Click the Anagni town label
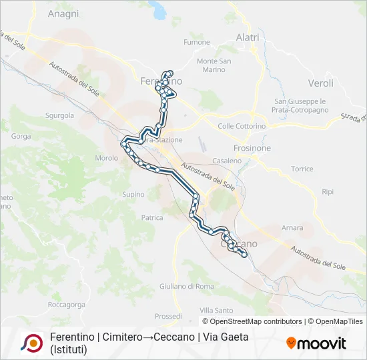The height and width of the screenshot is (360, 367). point(63,13)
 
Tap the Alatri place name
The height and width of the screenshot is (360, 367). point(248,38)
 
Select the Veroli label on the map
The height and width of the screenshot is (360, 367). point(320,83)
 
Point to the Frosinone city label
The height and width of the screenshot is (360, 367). point(252,148)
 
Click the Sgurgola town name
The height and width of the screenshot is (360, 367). point(59,115)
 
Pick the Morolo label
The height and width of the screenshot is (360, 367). point(107,158)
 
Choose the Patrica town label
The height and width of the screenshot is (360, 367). point(152,217)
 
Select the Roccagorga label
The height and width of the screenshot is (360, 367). point(67,304)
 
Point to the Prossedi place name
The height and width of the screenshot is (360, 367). point(168,316)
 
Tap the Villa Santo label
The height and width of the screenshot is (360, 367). point(216,311)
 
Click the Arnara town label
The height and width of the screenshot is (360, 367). point(292,228)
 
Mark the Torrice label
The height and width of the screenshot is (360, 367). point(302,169)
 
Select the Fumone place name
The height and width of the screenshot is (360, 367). point(197,43)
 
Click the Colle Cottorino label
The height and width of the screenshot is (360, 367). point(242,126)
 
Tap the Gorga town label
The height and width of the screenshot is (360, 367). point(21,137)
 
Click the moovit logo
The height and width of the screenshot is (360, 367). point(316,343)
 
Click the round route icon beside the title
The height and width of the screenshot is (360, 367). point(31,343)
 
